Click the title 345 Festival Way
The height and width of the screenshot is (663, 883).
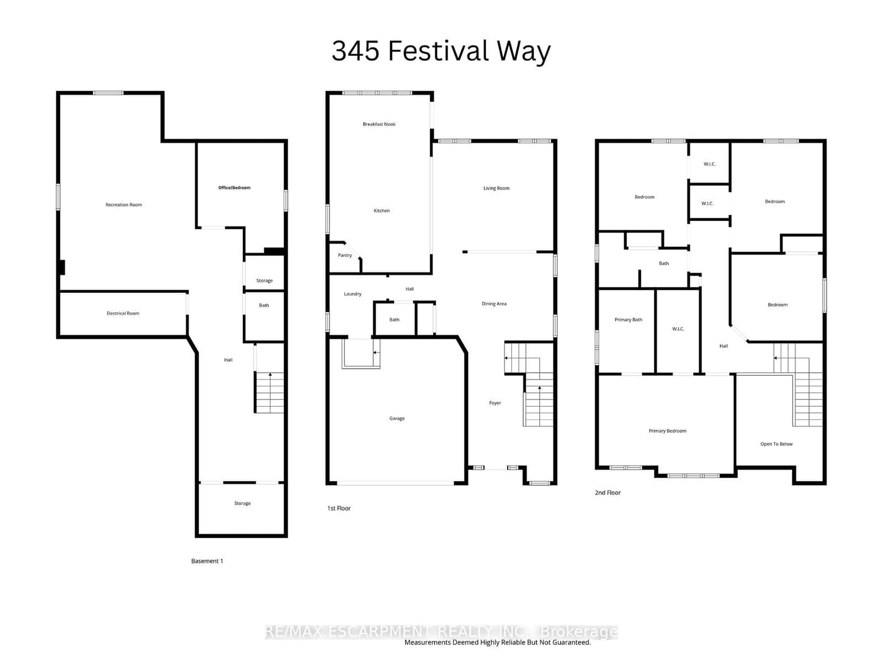tap(441, 51)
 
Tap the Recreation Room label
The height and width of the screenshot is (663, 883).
tap(124, 205)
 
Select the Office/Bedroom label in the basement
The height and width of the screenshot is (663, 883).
tap(234, 188)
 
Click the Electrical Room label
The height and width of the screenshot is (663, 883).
tap(123, 313)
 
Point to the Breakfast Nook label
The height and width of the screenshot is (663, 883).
tap(379, 124)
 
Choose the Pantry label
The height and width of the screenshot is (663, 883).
tap(344, 255)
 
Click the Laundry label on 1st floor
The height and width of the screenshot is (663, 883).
tap(352, 294)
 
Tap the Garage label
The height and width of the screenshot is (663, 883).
tap(396, 419)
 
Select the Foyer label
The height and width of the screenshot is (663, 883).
tap(495, 403)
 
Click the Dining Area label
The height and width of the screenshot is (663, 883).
tap(493, 304)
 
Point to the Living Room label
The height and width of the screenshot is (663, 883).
tap(496, 188)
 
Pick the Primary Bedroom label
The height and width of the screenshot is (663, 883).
tap(667, 431)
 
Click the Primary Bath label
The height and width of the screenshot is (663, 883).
tap(628, 320)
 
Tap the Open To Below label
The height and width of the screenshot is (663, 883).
tap(776, 444)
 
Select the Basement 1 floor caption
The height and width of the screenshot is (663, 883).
tap(207, 561)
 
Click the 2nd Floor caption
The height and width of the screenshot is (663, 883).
tap(608, 493)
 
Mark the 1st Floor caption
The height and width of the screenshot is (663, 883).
tap(339, 508)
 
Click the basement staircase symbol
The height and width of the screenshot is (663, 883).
tap(269, 392)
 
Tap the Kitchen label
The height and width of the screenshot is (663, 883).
tap(381, 211)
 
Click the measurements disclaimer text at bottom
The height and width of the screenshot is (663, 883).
tap(497, 643)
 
